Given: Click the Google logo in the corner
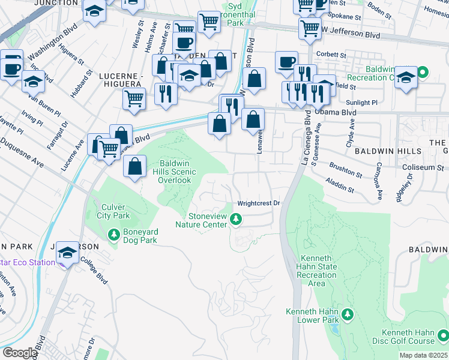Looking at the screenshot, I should pyautogui.click(x=19, y=353).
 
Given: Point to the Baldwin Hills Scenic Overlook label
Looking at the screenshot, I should pyautogui.click(x=175, y=172).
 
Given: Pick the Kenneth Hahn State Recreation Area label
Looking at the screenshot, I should pyautogui.click(x=317, y=271).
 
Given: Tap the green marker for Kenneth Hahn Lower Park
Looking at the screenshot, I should pyautogui.click(x=347, y=314).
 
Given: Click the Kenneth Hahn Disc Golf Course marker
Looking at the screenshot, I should pyautogui.click(x=442, y=336).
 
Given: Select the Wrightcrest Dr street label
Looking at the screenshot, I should pyautogui.click(x=259, y=203).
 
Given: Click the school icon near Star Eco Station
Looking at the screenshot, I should pyautogui.click(x=68, y=254).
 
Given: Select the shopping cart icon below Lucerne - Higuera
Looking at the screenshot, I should pyautogui.click(x=134, y=99).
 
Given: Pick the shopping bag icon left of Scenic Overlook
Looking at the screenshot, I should pyautogui.click(x=135, y=166).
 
